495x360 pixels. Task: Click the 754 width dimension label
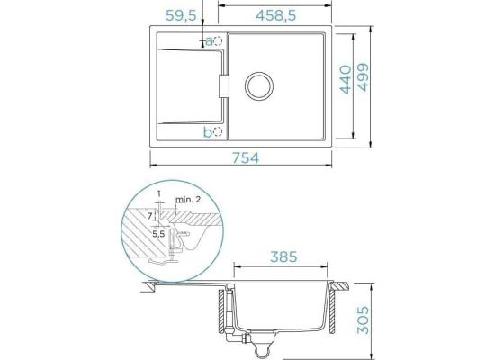(x=246, y=157)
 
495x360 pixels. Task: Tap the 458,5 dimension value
(x=275, y=15)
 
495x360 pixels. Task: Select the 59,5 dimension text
(x=181, y=15)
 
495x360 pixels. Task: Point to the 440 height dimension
(x=346, y=80)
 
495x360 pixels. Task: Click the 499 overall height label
(x=363, y=77)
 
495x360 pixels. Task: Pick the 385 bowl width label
(x=283, y=256)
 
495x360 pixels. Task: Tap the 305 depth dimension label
(x=363, y=319)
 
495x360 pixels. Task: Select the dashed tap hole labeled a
(x=218, y=41)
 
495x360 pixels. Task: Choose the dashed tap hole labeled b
(x=218, y=131)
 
